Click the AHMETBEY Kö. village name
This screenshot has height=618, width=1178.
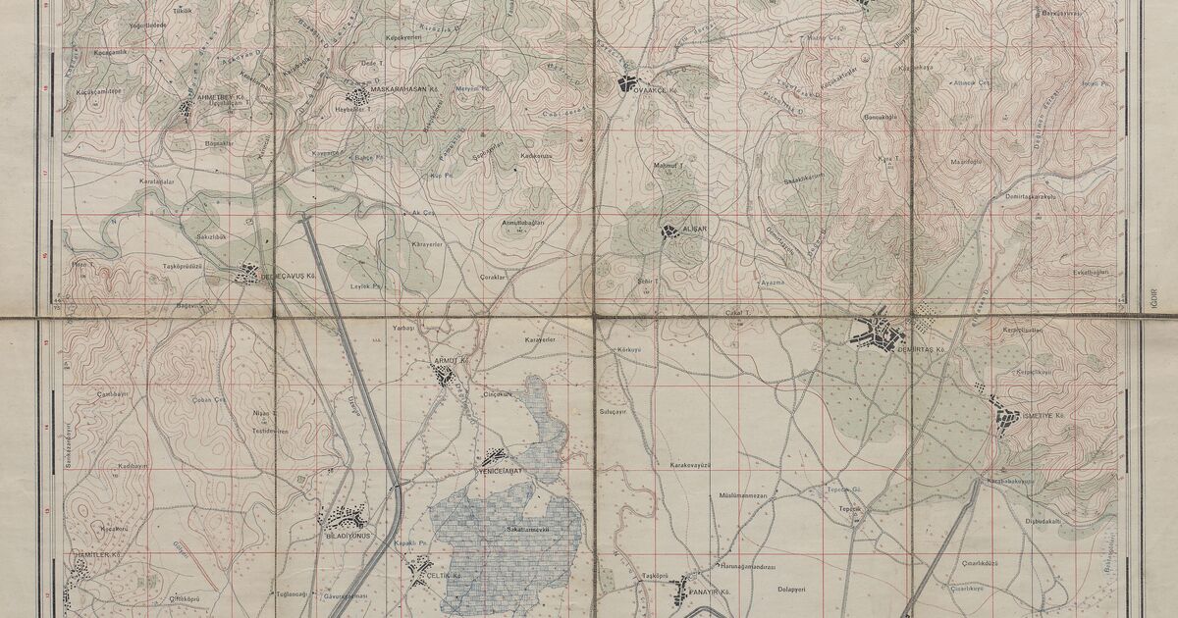pos(219,97)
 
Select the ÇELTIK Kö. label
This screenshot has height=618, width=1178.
pos(444,576)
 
